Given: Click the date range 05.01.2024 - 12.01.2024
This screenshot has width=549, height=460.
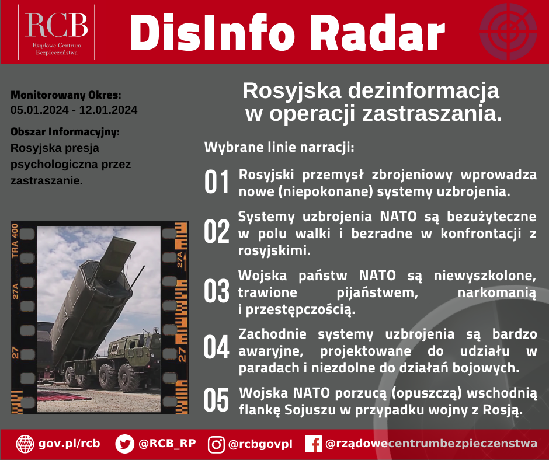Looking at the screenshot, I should click(74, 110).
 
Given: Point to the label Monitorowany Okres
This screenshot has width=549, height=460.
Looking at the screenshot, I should click(66, 95).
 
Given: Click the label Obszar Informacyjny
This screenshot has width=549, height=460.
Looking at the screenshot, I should click(65, 131).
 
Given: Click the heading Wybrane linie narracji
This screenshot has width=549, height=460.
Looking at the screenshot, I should click(279, 147).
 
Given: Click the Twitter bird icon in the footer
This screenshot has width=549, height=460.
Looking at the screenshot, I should click(124, 444).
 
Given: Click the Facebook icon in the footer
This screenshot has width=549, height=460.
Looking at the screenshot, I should click(313, 444).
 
